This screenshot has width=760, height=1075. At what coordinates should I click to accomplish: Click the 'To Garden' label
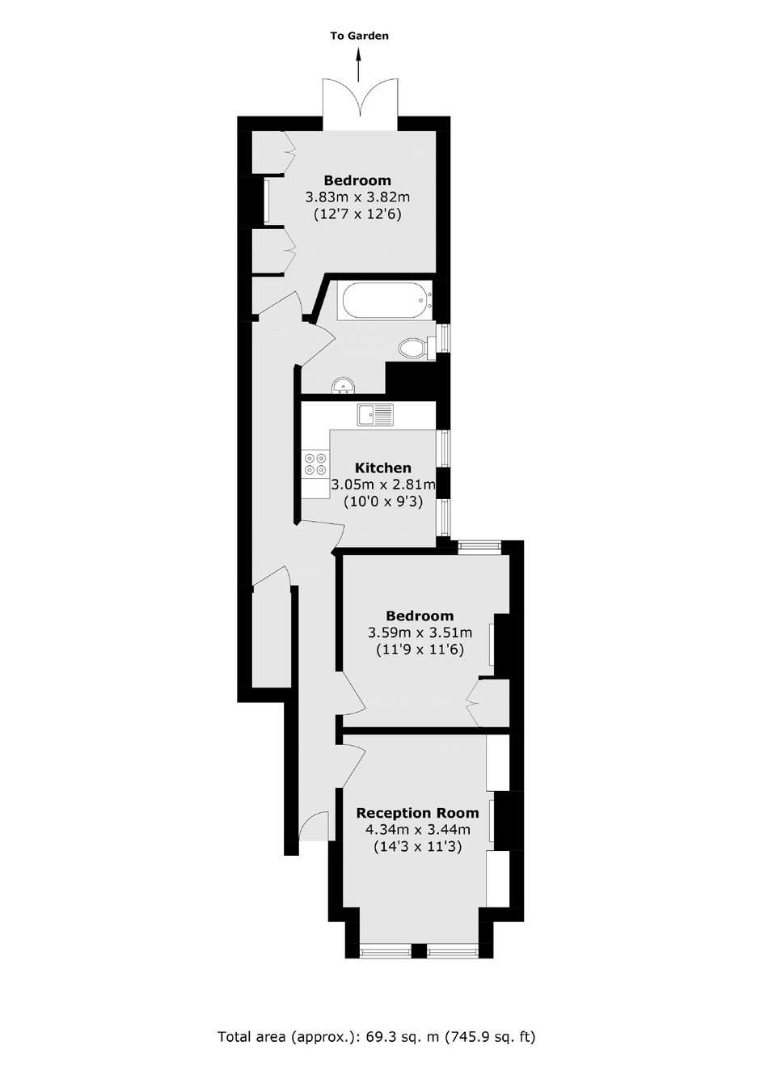point(359,36)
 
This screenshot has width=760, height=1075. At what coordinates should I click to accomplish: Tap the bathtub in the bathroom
point(384,301)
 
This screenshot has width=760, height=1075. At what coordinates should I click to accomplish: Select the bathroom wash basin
point(343,385)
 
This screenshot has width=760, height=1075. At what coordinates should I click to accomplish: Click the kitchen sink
point(374,414)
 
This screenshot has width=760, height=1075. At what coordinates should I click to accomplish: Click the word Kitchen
point(383,468)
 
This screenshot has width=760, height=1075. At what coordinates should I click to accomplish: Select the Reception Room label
point(417,813)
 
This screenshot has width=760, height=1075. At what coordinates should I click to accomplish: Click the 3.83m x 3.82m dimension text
point(358,197)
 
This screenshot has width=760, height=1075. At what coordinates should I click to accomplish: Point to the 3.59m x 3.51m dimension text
point(420,633)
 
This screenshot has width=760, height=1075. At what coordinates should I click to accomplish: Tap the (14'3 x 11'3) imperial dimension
point(417,847)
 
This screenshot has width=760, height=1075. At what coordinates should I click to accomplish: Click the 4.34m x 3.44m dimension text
point(417,830)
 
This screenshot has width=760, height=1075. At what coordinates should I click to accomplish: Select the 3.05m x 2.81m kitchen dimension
point(383,485)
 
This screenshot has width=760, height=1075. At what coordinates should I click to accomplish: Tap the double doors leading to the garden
point(360,104)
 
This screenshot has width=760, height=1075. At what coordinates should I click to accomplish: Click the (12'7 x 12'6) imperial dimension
point(358,214)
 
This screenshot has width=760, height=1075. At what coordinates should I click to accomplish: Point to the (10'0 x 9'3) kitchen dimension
point(383,502)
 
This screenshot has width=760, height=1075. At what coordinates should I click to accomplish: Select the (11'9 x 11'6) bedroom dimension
point(420,650)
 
